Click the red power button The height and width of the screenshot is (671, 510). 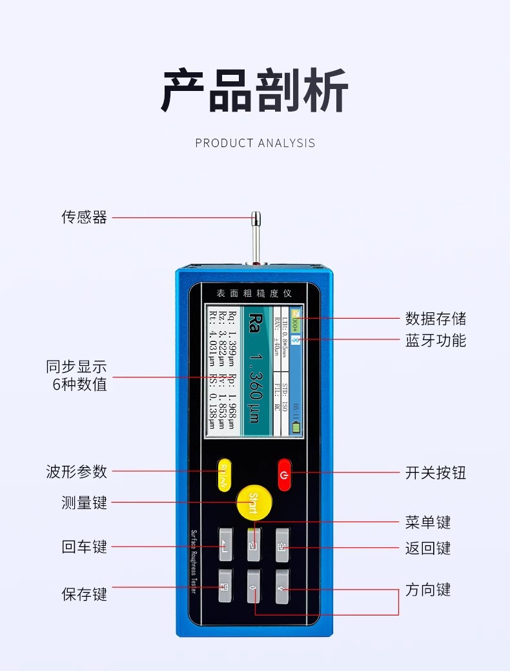[285, 476]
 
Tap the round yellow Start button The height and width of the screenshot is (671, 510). [253, 501]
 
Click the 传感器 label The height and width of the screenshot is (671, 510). [84, 217]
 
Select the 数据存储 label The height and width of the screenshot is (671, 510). [435, 319]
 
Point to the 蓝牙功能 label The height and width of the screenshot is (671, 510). [435, 341]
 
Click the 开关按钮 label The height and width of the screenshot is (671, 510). [435, 473]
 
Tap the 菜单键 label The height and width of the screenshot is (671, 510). [427, 522]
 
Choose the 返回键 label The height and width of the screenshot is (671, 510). [427, 548]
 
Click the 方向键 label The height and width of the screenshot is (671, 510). [427, 590]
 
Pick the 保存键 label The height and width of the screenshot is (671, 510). [84, 594]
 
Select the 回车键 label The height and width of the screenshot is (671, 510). [84, 547]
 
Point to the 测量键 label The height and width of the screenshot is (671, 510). [84, 503]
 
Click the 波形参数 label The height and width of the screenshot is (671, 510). [76, 472]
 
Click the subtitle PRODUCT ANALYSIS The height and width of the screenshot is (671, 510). [255, 143]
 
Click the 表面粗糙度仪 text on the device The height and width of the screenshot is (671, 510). [254, 294]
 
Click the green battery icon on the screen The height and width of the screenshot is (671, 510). [296, 427]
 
